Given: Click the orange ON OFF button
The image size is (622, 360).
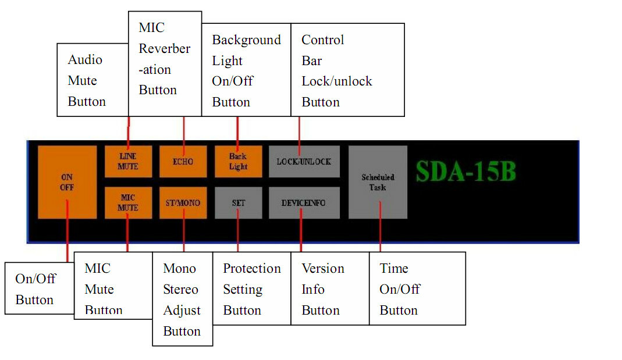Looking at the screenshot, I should [x=67, y=182].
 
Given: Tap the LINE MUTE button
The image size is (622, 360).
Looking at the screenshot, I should [x=128, y=161].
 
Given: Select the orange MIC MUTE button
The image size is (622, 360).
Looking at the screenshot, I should [x=128, y=202].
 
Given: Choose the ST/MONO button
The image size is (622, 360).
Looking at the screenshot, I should [x=183, y=202].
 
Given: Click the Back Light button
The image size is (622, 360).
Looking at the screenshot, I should [x=238, y=161].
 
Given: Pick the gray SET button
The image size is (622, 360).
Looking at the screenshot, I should [x=238, y=203].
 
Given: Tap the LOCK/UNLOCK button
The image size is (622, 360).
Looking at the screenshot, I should [x=304, y=161].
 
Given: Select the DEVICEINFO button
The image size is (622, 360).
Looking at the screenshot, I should [x=304, y=203].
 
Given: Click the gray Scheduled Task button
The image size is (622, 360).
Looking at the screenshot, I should [x=378, y=182].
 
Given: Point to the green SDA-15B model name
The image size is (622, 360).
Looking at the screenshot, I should [x=465, y=172].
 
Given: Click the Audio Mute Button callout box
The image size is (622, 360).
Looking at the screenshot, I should [x=92, y=80].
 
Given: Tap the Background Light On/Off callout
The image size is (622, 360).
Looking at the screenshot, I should [x=246, y=70].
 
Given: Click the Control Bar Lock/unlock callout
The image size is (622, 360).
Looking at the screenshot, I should [x=347, y=70].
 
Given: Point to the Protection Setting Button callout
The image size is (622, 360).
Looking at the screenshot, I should [x=251, y=289].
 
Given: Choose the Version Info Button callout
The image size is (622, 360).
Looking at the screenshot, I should [x=329, y=289].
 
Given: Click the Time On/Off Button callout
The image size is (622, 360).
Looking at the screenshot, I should [x=417, y=289].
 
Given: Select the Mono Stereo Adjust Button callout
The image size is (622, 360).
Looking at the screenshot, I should [x=182, y=300].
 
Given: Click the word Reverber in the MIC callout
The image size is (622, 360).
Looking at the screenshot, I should [x=165, y=49].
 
